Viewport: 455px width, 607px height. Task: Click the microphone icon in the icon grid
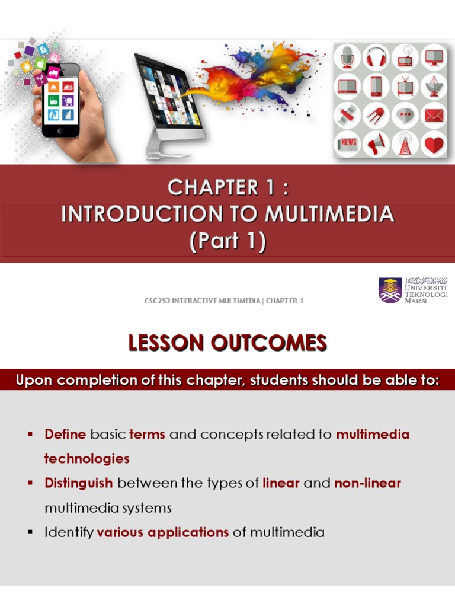(348, 57)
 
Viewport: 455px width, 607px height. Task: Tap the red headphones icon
(376, 57)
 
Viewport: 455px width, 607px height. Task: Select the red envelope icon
(434, 116)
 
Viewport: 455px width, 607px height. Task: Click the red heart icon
(434, 144)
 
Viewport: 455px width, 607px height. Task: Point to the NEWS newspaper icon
(348, 144)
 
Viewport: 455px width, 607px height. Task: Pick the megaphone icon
(376, 144)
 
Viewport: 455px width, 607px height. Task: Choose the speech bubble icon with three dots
(406, 116)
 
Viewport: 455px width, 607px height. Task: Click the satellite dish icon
(434, 87)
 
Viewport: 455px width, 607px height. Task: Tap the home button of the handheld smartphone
(60, 130)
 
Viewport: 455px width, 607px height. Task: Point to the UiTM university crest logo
(390, 290)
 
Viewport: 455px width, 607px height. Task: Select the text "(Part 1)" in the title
(227, 241)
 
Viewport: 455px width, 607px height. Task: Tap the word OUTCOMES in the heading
(275, 343)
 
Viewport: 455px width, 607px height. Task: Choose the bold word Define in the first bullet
(65, 435)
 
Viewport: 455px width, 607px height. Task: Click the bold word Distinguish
(78, 483)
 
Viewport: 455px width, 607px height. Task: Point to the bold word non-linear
(367, 483)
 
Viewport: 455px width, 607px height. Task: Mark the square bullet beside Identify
(29, 532)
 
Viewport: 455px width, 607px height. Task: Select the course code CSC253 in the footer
(157, 301)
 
